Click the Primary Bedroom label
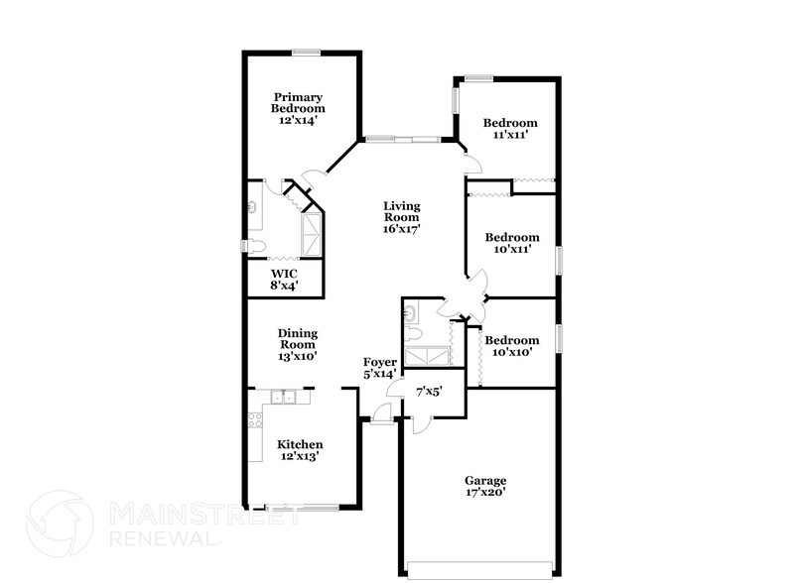[298, 103]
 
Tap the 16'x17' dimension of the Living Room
[401, 229]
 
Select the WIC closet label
[284, 274]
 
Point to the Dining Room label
[298, 338]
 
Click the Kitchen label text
[300, 444]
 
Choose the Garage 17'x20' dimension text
[485, 493]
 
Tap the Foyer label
[380, 362]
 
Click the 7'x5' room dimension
[429, 393]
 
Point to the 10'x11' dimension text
[512, 249]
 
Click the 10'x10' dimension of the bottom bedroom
[512, 352]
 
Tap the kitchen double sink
[283, 397]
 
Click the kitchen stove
[255, 419]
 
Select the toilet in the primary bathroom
[255, 246]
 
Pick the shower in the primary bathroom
[312, 235]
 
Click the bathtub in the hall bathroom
[427, 357]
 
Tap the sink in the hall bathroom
[411, 312]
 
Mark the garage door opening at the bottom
[479, 570]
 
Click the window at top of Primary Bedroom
[307, 52]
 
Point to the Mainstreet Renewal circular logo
[60, 523]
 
